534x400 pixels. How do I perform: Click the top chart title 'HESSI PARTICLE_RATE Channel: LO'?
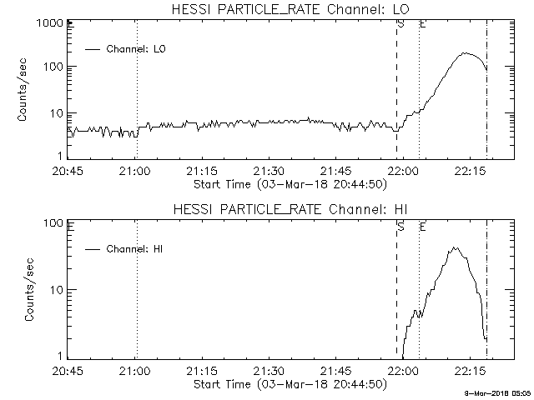(x=290, y=9)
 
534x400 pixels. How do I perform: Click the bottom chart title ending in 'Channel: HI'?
(x=290, y=209)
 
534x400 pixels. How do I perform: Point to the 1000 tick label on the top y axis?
(x=50, y=23)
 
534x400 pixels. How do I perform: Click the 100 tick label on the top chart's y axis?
(x=53, y=67)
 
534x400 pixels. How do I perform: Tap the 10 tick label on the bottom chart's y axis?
(x=58, y=290)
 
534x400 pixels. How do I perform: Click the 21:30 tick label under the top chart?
(x=269, y=171)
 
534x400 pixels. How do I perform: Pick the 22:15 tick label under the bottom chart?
(x=470, y=370)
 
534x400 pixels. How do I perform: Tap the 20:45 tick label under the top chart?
(x=68, y=171)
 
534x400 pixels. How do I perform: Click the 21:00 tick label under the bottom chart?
(x=134, y=370)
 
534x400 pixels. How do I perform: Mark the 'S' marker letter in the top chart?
(x=401, y=24)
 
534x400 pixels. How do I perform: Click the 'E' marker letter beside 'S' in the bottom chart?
(x=423, y=227)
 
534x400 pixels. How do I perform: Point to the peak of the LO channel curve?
(x=465, y=53)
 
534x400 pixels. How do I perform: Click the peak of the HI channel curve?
(x=454, y=247)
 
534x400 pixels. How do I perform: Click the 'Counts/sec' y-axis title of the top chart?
(x=23, y=90)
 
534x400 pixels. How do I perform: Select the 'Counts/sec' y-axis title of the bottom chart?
(x=29, y=289)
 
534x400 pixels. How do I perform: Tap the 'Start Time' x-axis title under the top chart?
(x=290, y=185)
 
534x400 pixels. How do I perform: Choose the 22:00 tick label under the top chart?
(x=403, y=171)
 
